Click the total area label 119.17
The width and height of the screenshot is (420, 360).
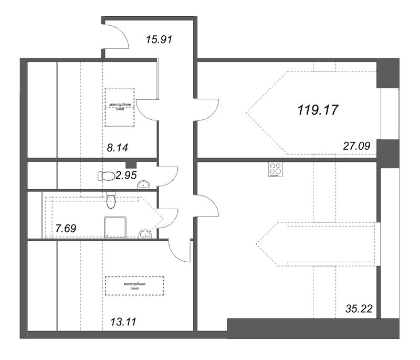(318, 110)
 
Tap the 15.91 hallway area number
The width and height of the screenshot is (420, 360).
(159, 39)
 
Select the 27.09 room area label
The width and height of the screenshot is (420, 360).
(356, 146)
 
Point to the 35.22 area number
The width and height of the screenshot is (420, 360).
(359, 309)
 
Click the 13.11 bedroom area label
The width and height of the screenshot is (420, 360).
(123, 322)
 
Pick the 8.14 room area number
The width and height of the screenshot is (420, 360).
(117, 148)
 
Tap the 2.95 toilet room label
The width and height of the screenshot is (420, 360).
(126, 176)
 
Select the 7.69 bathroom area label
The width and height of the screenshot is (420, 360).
(66, 229)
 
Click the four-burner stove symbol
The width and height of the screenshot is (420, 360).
(275, 170)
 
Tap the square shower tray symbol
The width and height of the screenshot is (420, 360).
(115, 228)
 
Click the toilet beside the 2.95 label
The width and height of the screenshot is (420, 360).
(106, 176)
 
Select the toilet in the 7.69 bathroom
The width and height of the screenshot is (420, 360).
(111, 199)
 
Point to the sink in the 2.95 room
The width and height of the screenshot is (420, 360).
(143, 184)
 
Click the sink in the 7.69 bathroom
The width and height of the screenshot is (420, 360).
(145, 234)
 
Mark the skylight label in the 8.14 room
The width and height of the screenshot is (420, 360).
(120, 107)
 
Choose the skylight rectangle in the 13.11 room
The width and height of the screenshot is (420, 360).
(134, 286)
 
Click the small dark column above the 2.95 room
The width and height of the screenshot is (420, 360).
(131, 164)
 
